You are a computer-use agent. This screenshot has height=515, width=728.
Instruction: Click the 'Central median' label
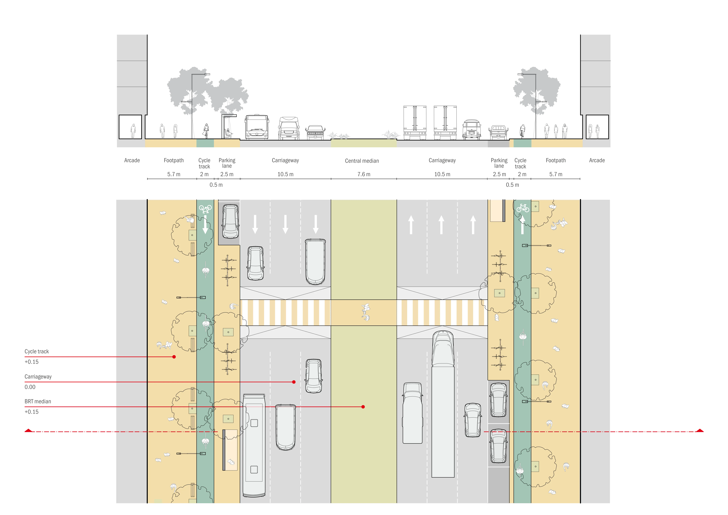point(362,161)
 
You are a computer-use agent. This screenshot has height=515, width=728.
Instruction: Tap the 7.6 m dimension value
point(364,174)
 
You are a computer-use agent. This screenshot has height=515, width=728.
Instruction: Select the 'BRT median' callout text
point(38,401)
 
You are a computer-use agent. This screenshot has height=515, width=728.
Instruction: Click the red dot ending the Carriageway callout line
point(294,382)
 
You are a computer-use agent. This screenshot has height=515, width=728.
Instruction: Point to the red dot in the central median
point(363,407)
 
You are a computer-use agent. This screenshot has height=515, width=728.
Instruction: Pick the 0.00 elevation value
point(30,387)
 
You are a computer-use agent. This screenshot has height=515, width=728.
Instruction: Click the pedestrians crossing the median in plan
point(366,312)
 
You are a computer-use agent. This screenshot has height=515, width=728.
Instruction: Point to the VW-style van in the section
point(472,129)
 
